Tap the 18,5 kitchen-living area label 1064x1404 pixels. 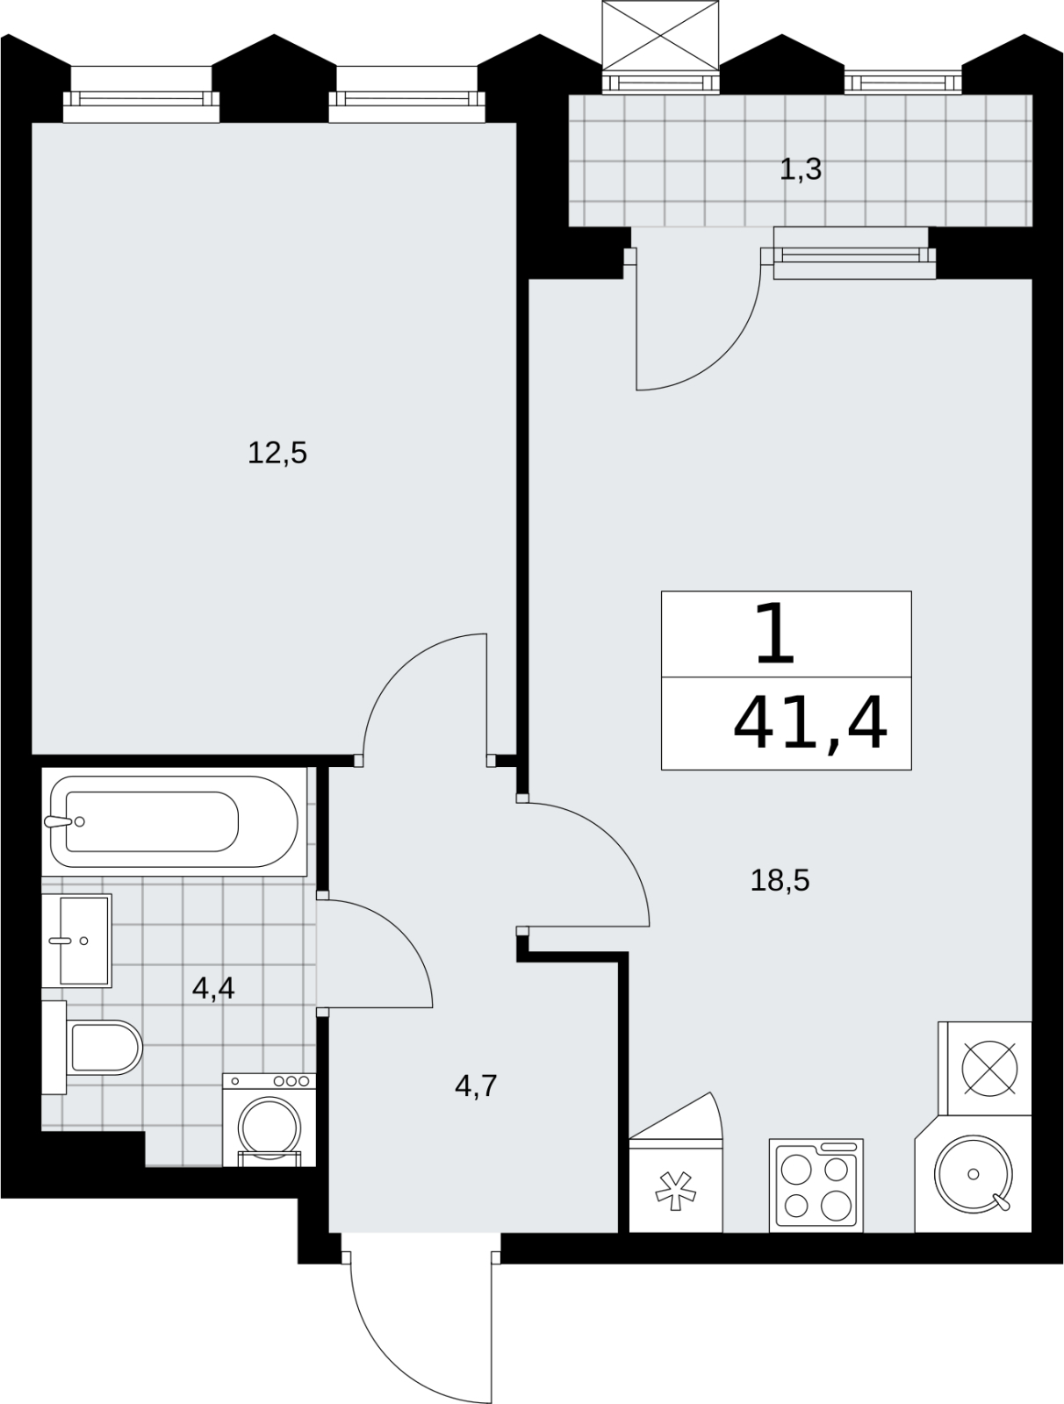click(x=780, y=881)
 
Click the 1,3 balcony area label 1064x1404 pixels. click(x=801, y=170)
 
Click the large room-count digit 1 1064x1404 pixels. click(x=775, y=634)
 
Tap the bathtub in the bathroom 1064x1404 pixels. click(x=174, y=822)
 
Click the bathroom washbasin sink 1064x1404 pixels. click(x=76, y=941)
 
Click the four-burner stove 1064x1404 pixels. click(x=816, y=1186)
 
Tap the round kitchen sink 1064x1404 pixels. click(x=974, y=1174)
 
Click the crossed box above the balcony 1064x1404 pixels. click(x=661, y=35)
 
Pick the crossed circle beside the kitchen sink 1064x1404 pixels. click(x=989, y=1068)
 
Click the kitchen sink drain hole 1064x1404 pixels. click(x=974, y=1174)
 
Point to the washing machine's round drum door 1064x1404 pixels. click(x=270, y=1128)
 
